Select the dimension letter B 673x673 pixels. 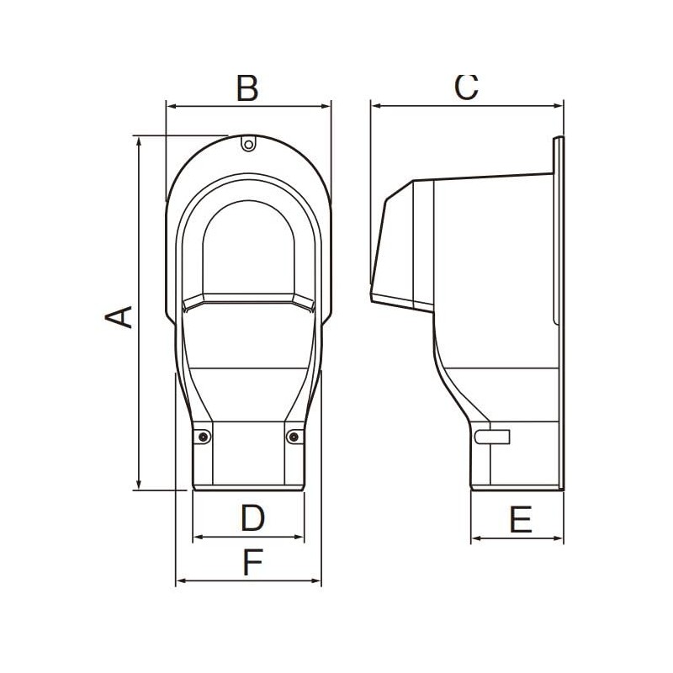point(246,87)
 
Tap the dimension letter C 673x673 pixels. point(466,87)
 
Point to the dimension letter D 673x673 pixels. point(252,519)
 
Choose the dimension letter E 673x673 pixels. point(521,521)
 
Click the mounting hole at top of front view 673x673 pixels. point(247,144)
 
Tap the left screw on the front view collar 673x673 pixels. point(204,436)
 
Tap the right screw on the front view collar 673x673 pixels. point(293,436)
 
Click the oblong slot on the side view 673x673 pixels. point(492,437)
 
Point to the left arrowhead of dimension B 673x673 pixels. point(171,106)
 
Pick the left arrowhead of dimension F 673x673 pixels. point(180,580)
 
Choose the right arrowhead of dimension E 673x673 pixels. point(559,538)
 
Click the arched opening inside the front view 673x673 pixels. point(247,244)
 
